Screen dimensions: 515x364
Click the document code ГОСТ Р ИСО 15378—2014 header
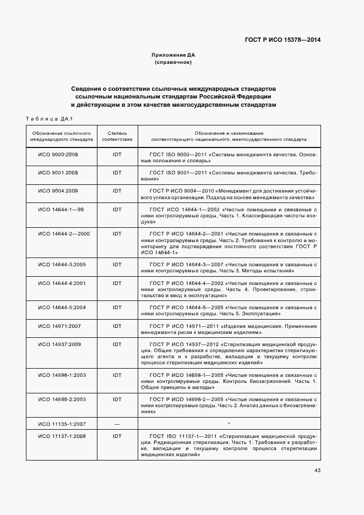point(283,40)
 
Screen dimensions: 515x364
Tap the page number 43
point(317,470)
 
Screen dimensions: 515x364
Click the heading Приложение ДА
point(173,55)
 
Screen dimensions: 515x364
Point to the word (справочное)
point(173,62)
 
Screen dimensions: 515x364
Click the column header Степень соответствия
point(117,136)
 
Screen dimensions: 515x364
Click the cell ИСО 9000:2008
point(58,155)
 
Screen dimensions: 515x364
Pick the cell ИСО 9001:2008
point(58,173)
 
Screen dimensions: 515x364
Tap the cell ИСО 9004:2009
point(58,190)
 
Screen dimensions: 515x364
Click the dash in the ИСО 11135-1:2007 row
point(117,423)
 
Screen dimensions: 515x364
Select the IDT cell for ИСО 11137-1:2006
point(117,436)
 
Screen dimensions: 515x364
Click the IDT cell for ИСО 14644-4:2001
point(117,283)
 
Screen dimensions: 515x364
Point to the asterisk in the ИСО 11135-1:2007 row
point(229,423)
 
